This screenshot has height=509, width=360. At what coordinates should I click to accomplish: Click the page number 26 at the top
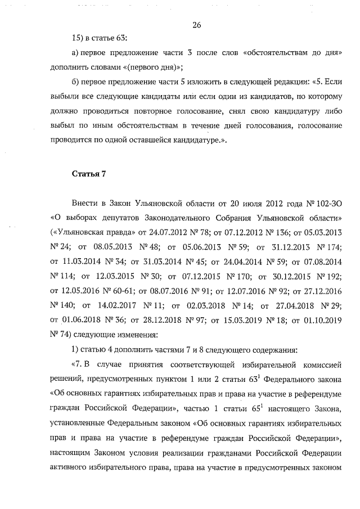197,25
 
